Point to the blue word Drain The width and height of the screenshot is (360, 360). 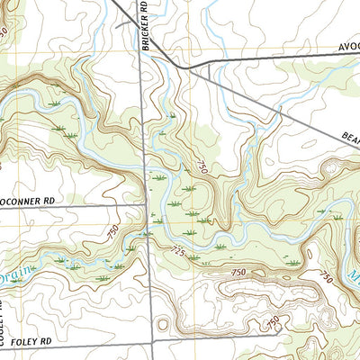pyautogui.click(x=16, y=275)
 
